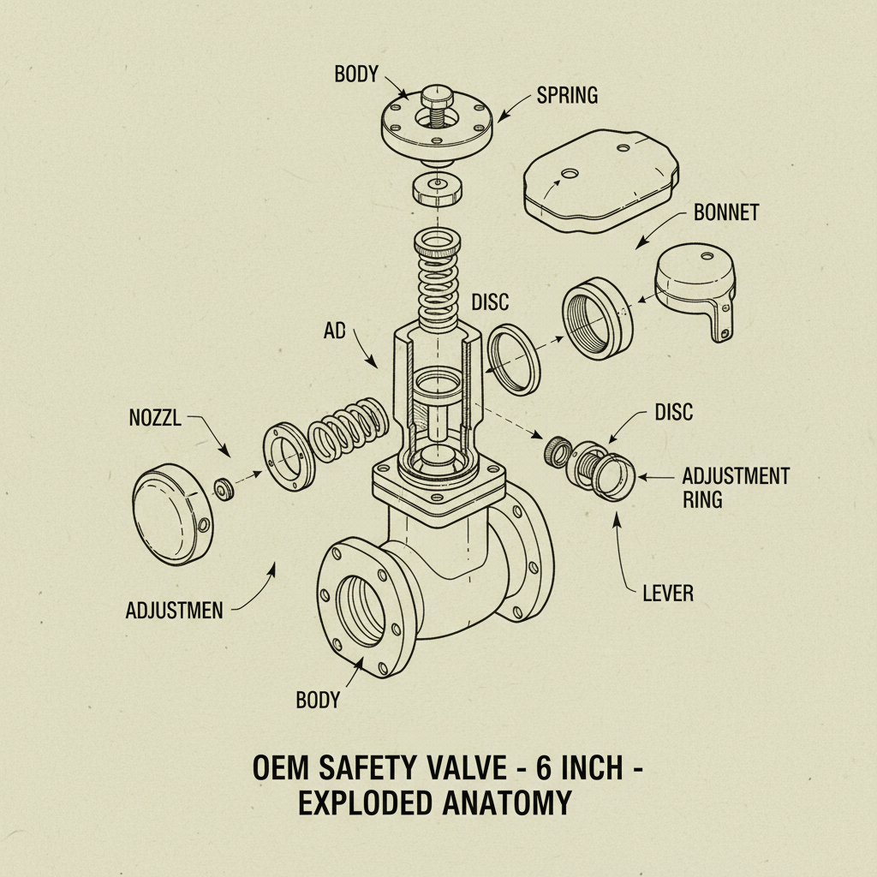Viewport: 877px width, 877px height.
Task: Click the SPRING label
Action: (x=567, y=94)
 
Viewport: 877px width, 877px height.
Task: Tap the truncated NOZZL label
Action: (x=157, y=421)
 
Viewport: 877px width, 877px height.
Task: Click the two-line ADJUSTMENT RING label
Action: (x=735, y=487)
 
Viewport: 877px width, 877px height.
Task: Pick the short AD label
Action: (x=335, y=331)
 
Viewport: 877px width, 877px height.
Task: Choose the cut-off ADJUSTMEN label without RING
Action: (x=174, y=611)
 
